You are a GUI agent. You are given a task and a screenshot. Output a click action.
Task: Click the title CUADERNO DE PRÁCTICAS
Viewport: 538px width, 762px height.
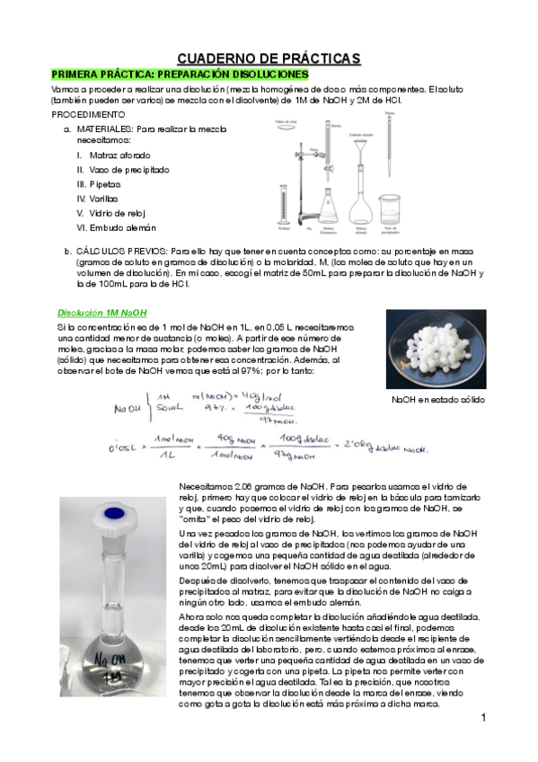tap(268, 58)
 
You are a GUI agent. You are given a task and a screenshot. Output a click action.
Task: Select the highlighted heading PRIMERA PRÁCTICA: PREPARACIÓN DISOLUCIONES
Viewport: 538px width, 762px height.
tap(180, 74)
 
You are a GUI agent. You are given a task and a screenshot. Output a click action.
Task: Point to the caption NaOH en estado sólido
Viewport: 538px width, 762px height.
tap(437, 400)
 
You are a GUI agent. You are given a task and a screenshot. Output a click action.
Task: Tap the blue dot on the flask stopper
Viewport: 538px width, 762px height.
tap(115, 513)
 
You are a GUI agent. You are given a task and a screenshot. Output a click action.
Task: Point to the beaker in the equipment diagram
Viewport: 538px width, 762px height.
tap(390, 209)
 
